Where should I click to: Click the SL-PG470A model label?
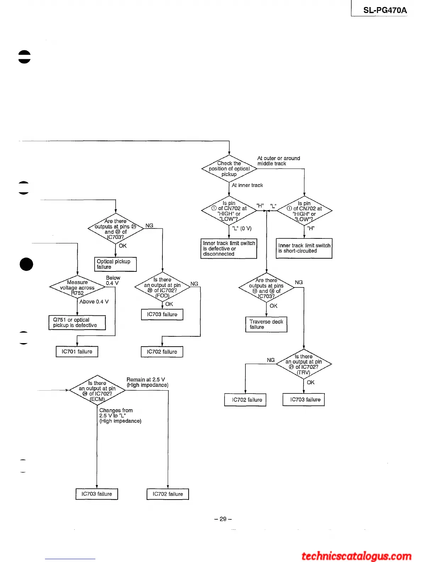pyautogui.click(x=385, y=10)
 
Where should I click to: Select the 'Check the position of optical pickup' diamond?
pyautogui.click(x=229, y=169)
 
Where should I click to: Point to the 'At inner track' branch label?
pyautogui.click(x=247, y=185)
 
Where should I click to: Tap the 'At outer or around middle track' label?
pyautogui.click(x=278, y=161)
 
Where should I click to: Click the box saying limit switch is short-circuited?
pyautogui.click(x=304, y=248)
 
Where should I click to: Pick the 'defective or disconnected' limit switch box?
pyautogui.click(x=229, y=248)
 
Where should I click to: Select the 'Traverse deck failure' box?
pyautogui.click(x=266, y=324)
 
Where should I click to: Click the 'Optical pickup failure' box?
pyautogui.click(x=115, y=264)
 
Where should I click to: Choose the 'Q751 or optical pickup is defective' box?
pyautogui.click(x=77, y=323)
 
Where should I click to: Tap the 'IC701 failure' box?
pyautogui.click(x=77, y=352)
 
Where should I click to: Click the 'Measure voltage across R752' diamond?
pyautogui.click(x=77, y=287)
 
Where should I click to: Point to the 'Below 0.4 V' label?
pyautogui.click(x=112, y=280)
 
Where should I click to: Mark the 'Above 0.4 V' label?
pyautogui.click(x=94, y=302)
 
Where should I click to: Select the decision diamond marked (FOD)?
pyautogui.click(x=162, y=287)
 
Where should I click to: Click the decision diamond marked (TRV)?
pyautogui.click(x=304, y=364)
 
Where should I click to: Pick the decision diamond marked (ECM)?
pyautogui.click(x=97, y=391)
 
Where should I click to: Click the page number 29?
pyautogui.click(x=223, y=519)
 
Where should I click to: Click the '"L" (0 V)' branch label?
pyautogui.click(x=242, y=228)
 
